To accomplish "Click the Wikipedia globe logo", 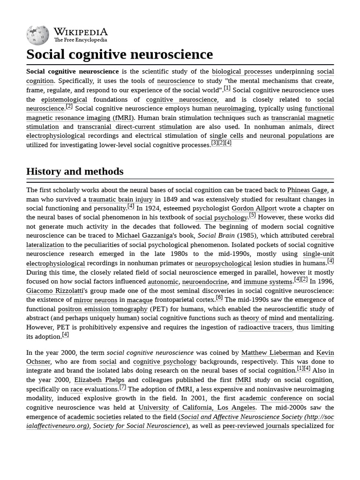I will click(x=37, y=35).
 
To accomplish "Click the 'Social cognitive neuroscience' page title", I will click(x=120, y=54).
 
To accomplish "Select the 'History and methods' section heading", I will click(x=75, y=172).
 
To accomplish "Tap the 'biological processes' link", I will click(x=241, y=72).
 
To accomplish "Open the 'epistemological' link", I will click(x=64, y=99).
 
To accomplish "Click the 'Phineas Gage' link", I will click(x=307, y=190).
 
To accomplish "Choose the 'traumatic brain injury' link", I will click(x=120, y=199).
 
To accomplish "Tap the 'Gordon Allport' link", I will click(x=254, y=209).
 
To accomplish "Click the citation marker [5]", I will click(x=252, y=215).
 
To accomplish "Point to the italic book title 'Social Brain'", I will click(x=216, y=236).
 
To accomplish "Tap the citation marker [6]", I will click(x=219, y=298).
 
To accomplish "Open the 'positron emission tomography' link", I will click(x=103, y=309).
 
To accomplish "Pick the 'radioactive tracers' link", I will click(x=265, y=328).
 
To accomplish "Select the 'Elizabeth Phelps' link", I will click(x=99, y=380).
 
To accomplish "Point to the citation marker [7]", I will click(x=122, y=387).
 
